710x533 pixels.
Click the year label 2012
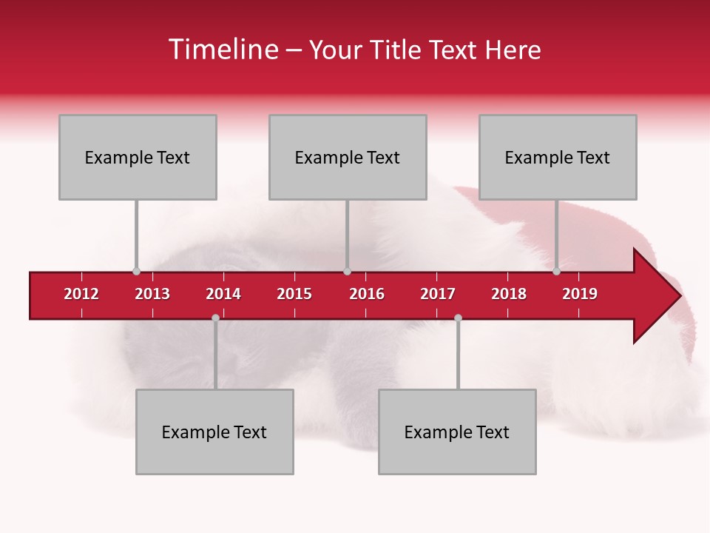coord(81,294)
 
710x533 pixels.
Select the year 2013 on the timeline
coord(152,294)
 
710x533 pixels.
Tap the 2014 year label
coord(223,294)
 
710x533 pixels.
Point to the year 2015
coord(294,294)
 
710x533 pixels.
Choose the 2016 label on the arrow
coord(367,294)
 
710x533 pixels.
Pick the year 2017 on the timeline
coord(438,294)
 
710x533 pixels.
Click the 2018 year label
coord(509,294)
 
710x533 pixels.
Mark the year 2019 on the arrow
coord(580,294)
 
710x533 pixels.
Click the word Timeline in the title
coord(222,50)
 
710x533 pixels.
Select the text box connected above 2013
coord(138,157)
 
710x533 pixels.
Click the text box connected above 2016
coord(348,157)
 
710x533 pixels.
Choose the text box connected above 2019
coord(558,157)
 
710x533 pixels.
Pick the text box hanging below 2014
coord(214,432)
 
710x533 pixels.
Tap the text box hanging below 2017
coord(457,432)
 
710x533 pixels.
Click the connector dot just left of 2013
coord(136,271)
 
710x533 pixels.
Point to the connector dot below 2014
coord(215,318)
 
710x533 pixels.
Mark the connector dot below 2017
coord(458,318)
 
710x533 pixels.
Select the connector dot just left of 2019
coord(556,271)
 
